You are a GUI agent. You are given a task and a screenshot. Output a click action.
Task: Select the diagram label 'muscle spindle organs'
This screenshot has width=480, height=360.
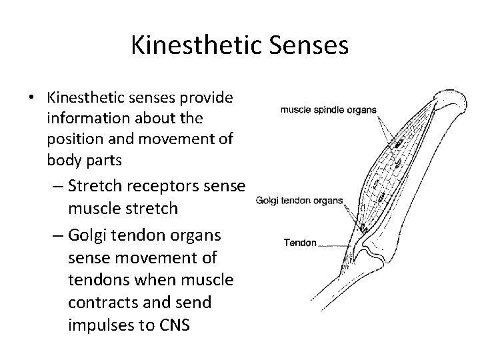pos(329,110)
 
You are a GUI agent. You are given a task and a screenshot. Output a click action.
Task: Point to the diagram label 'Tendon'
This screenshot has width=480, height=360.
pos(301,243)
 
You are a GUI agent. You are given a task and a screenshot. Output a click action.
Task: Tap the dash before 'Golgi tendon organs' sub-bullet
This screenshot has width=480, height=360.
pos(57,237)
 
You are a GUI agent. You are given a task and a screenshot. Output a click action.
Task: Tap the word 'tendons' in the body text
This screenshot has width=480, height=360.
pos(100,279)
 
